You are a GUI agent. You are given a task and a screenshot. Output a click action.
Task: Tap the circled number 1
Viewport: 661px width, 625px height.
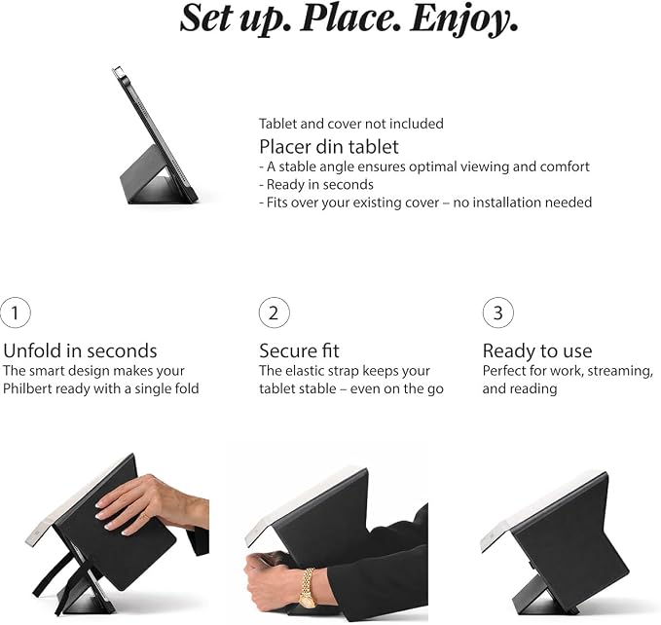pyautogui.click(x=16, y=312)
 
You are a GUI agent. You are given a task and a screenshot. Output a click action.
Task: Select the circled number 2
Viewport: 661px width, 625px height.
pyautogui.click(x=274, y=312)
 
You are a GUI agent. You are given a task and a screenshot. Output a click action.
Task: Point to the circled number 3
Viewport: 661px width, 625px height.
pyautogui.click(x=497, y=312)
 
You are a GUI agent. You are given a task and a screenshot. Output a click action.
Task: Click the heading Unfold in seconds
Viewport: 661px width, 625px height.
pyautogui.click(x=80, y=350)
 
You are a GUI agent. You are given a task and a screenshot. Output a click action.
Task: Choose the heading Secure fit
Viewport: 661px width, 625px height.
pyautogui.click(x=299, y=350)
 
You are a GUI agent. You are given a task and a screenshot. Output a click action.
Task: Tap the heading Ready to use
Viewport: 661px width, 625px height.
pyautogui.click(x=537, y=350)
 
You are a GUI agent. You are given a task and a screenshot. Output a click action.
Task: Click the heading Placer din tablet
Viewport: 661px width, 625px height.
pyautogui.click(x=329, y=147)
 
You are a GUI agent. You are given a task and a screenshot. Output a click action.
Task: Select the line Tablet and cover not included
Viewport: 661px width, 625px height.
pyautogui.click(x=351, y=124)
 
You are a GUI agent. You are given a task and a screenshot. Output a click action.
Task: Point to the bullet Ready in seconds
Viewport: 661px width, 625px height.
pyautogui.click(x=316, y=185)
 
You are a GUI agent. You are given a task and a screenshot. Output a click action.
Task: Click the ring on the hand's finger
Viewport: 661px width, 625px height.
pyautogui.click(x=144, y=516)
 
